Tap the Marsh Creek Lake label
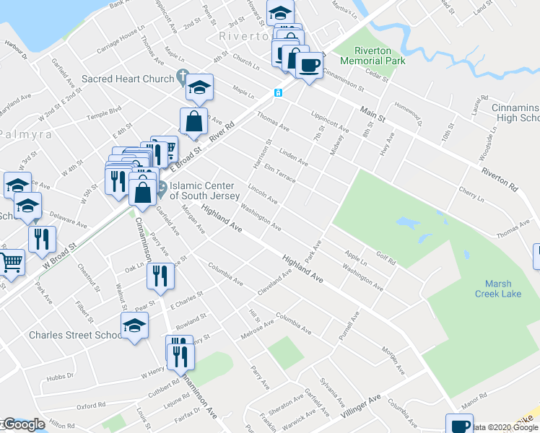498,289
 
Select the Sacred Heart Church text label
128,79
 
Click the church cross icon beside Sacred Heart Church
183,78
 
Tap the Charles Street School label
75,335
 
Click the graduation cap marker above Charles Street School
134,326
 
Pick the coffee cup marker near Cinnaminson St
309,65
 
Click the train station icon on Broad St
277,93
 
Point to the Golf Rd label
386,260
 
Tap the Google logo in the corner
24,424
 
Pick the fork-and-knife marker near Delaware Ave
42,239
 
